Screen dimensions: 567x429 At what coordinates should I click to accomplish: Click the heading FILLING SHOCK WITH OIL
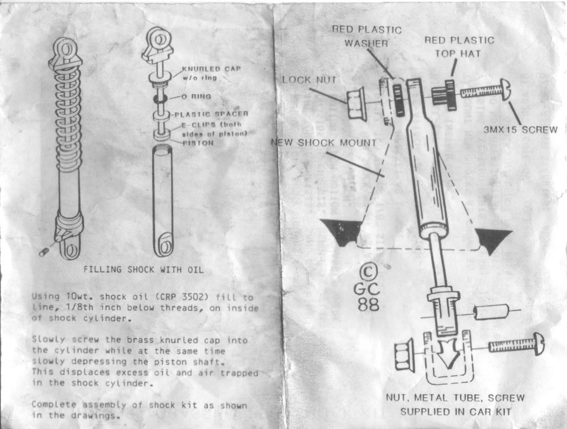coord(143,270)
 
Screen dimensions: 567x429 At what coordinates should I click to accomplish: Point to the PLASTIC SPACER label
coord(208,114)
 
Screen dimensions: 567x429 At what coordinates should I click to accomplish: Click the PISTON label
coord(198,142)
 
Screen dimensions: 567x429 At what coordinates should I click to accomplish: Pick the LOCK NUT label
coord(309,79)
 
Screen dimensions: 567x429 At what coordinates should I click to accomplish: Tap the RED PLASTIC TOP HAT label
coord(459,47)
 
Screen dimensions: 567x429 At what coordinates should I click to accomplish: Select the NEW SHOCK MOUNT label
coord(324,142)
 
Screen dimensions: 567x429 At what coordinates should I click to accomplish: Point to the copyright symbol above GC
coord(368,273)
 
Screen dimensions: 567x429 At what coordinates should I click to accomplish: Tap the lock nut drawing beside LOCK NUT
coord(355,103)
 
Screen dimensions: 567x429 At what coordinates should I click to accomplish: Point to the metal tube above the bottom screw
coord(491,312)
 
